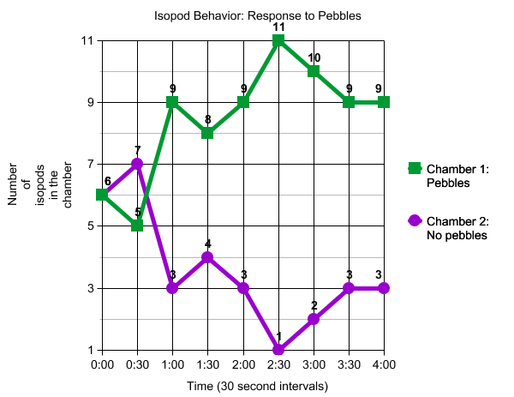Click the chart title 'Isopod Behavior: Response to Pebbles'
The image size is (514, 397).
pyautogui.click(x=257, y=16)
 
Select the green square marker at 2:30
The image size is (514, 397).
pyautogui.click(x=278, y=40)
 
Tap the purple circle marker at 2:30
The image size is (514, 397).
pyautogui.click(x=278, y=350)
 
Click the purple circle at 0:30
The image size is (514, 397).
pyautogui.click(x=137, y=164)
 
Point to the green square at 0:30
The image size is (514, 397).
pyautogui.click(x=137, y=226)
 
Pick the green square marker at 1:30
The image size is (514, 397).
pyautogui.click(x=207, y=133)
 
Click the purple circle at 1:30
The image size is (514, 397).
pyautogui.click(x=207, y=257)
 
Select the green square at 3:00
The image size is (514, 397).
pyautogui.click(x=314, y=71)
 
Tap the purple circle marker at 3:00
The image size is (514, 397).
pyautogui.click(x=314, y=319)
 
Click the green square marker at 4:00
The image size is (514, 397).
pyautogui.click(x=384, y=102)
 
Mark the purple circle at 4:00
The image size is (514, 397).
pyautogui.click(x=384, y=288)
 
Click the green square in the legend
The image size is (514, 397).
pyautogui.click(x=415, y=169)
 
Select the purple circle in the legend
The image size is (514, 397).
pyautogui.click(x=415, y=221)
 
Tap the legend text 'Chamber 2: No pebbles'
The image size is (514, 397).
pyautogui.click(x=457, y=228)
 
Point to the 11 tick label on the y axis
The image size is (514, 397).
pyautogui.click(x=87, y=40)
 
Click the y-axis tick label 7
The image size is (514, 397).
pyautogui.click(x=89, y=164)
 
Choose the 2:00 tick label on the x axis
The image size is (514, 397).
pyautogui.click(x=242, y=365)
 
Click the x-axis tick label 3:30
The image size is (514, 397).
pyautogui.click(x=349, y=365)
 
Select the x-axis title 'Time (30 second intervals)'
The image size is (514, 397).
pyautogui.click(x=257, y=386)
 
